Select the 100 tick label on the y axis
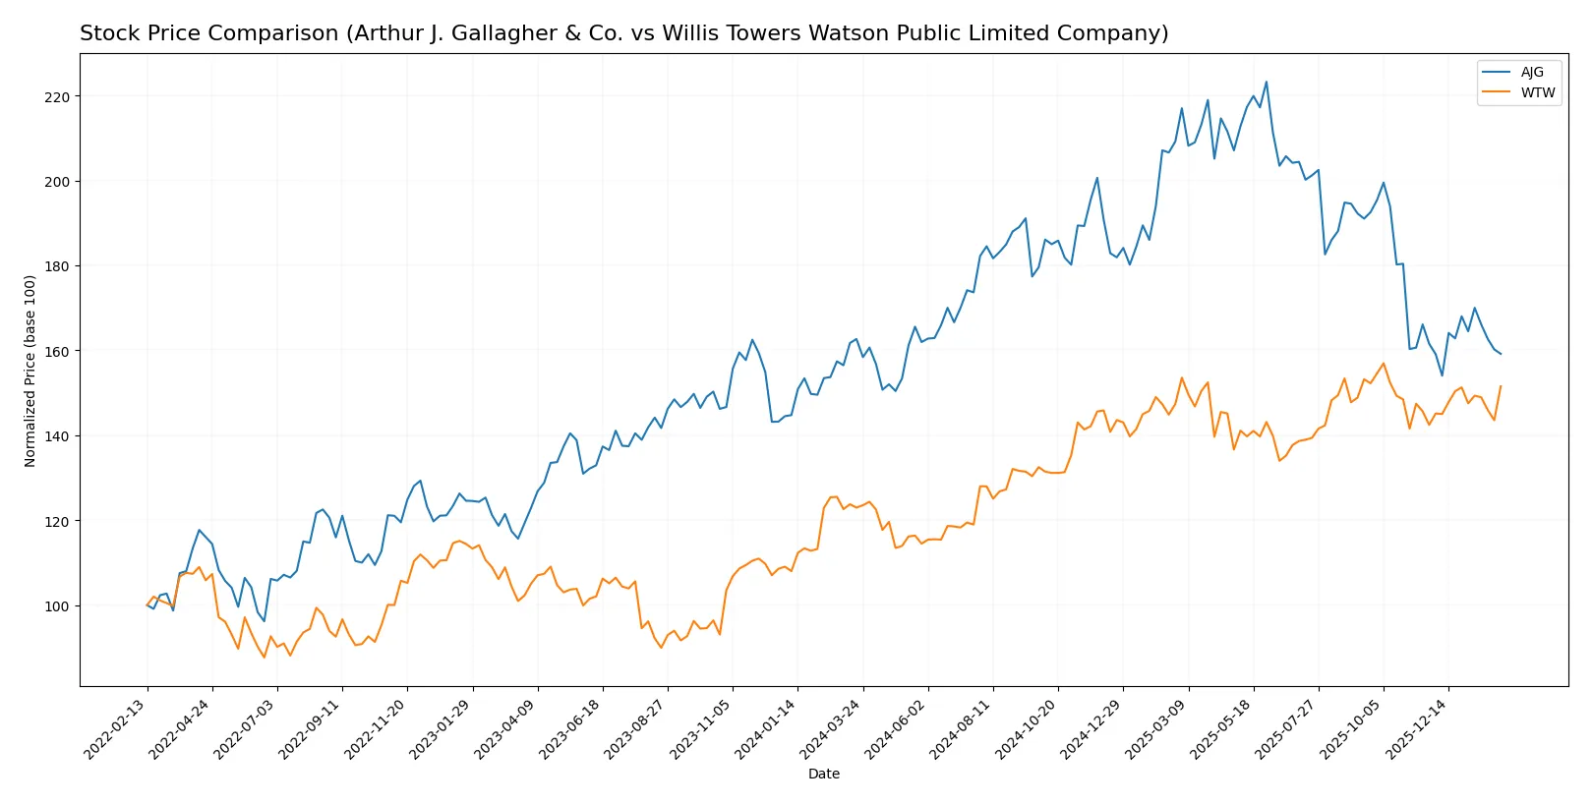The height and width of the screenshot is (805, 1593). click(x=57, y=606)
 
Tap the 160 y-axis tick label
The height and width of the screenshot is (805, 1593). click(x=57, y=352)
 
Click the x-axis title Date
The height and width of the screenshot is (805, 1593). click(x=823, y=775)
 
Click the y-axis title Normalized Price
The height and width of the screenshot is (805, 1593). click(x=30, y=371)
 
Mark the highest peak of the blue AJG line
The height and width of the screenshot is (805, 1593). click(x=1266, y=82)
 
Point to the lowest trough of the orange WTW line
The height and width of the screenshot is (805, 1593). click(x=264, y=658)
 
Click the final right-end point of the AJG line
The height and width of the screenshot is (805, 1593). click(x=1501, y=354)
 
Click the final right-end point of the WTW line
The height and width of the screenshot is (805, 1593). click(x=1501, y=386)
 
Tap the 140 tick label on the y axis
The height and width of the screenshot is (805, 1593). click(x=57, y=436)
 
